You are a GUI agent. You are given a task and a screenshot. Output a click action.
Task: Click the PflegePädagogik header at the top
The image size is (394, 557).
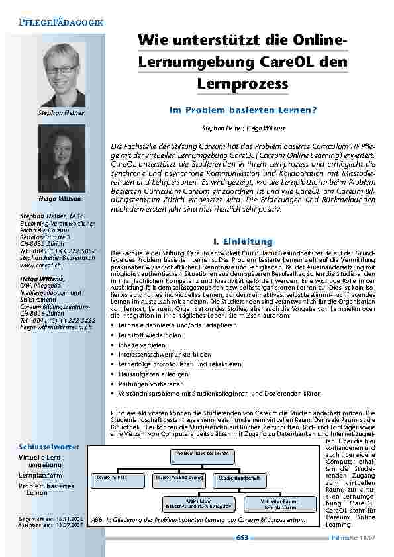pyautogui.click(x=57, y=23)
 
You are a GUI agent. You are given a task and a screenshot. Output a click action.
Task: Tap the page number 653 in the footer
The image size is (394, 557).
pyautogui.click(x=242, y=538)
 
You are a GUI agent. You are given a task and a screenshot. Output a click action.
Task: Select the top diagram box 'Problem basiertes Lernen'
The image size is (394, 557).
pyautogui.click(x=203, y=454)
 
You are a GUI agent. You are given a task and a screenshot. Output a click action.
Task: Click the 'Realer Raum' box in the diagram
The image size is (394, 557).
pyautogui.click(x=199, y=504)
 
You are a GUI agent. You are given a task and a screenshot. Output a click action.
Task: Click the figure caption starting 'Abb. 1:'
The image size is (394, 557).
pyautogui.click(x=198, y=519)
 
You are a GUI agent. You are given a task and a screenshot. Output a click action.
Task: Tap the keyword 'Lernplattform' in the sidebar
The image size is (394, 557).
pyautogui.click(x=40, y=475)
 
